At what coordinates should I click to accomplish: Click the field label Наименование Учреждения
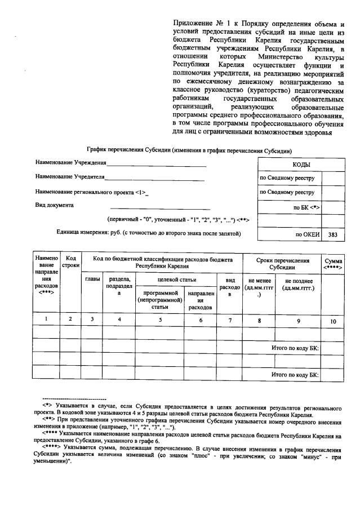click(71, 163)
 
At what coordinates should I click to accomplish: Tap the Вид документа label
click(54, 205)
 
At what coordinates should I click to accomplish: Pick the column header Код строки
click(71, 260)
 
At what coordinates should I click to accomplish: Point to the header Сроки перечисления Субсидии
click(282, 264)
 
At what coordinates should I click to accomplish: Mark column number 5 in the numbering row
click(160, 320)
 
